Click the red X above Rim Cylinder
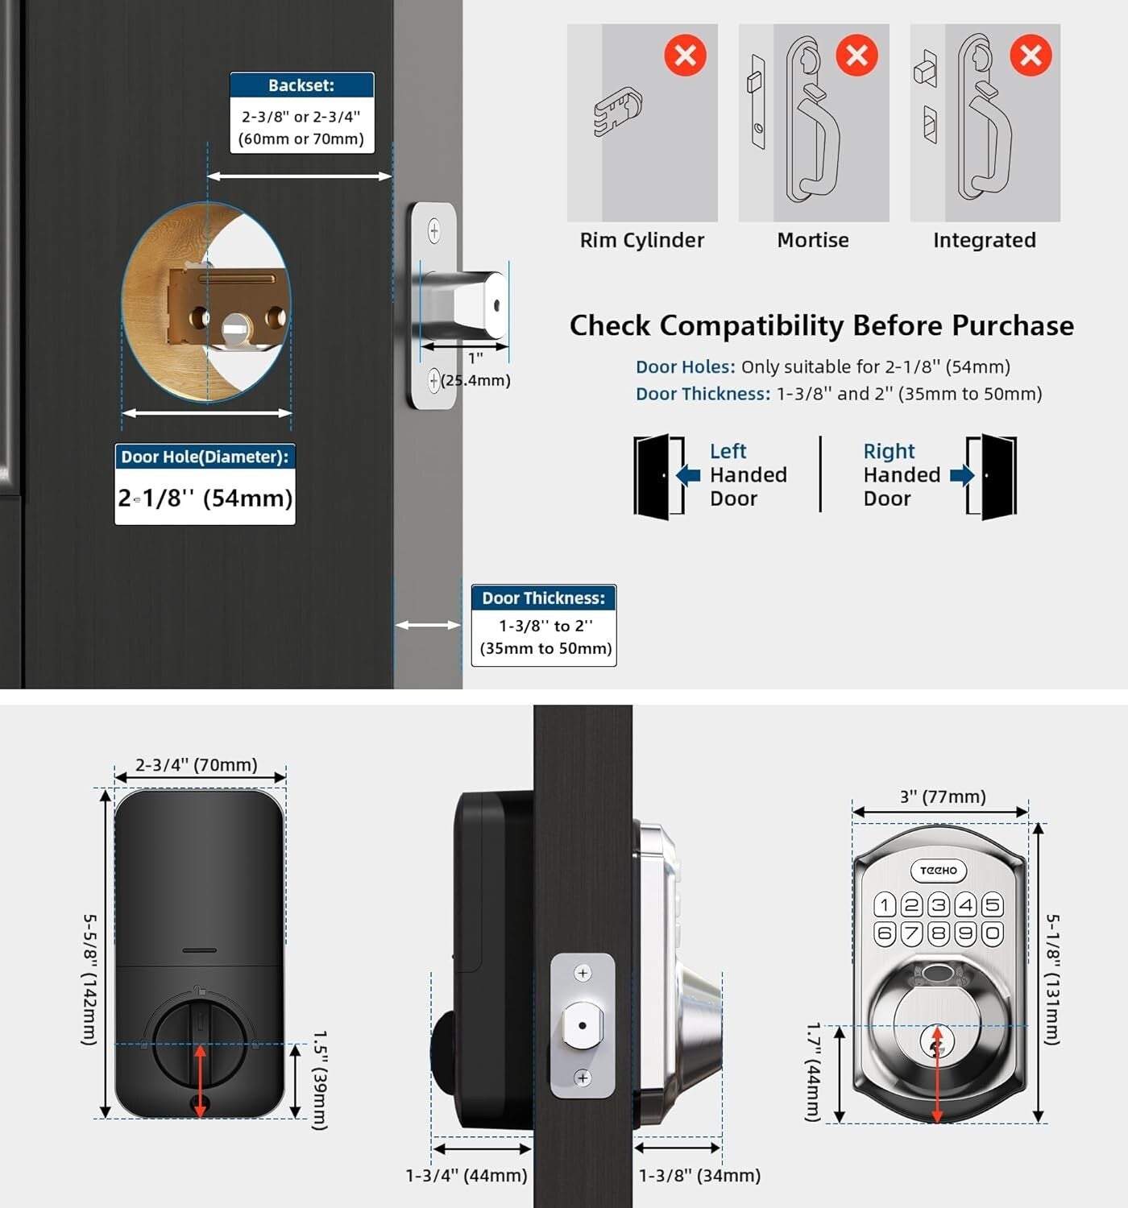[685, 56]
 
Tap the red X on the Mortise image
[856, 56]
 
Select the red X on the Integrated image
[1031, 56]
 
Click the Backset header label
[301, 85]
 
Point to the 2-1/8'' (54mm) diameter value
[205, 499]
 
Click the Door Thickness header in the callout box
[544, 598]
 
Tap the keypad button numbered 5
[993, 904]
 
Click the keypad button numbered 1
[885, 904]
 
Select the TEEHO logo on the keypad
[939, 871]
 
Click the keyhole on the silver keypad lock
[936, 1045]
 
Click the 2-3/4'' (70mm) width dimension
[196, 764]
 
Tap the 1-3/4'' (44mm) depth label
[467, 1176]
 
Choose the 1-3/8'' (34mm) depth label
[699, 1176]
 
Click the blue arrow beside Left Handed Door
[688, 475]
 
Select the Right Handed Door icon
[993, 477]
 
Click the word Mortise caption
[813, 240]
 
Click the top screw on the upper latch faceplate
[433, 231]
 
